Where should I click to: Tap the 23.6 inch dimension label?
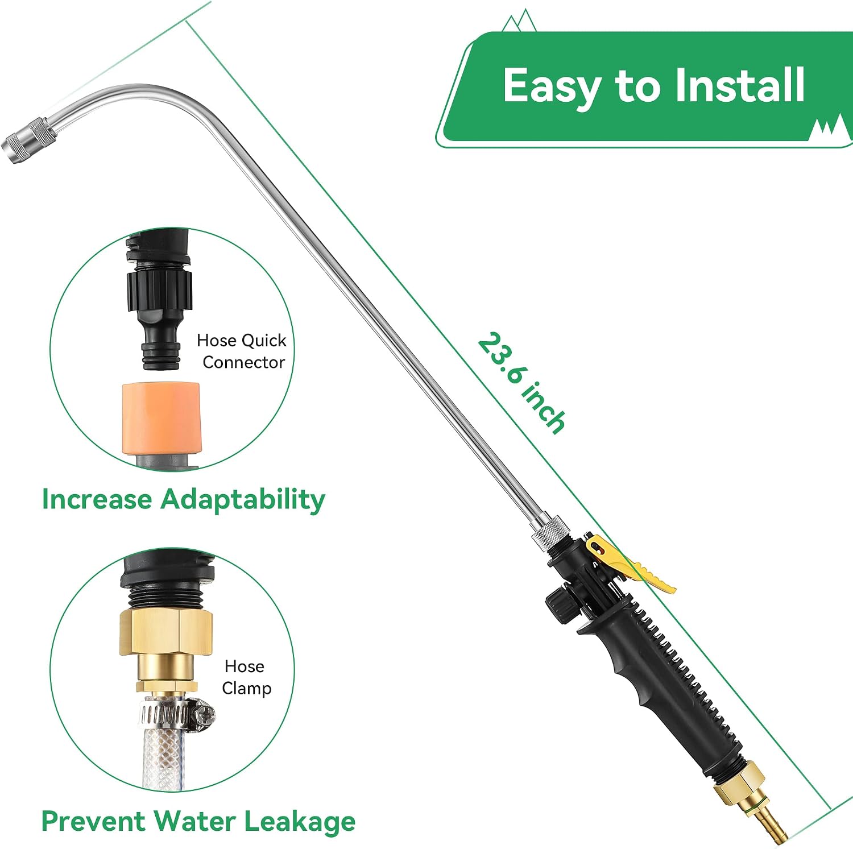coord(521,383)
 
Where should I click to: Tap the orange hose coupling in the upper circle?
coord(161,419)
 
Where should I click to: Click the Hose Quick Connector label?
coord(242,351)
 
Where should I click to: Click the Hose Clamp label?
coord(246,677)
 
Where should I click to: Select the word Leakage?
coord(300,822)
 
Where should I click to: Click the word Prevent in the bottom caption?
coord(94,822)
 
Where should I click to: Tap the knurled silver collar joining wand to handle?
coord(550,532)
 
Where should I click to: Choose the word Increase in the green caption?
coord(97,499)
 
